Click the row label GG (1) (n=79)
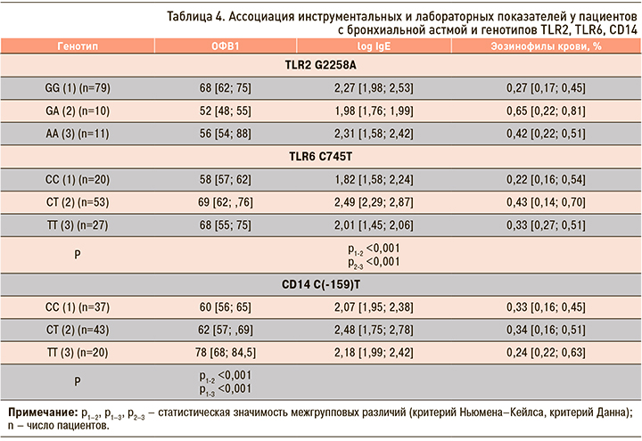77,89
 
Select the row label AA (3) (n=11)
77,135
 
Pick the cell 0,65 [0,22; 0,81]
534,112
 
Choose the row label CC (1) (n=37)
77,308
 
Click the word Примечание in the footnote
39,413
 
